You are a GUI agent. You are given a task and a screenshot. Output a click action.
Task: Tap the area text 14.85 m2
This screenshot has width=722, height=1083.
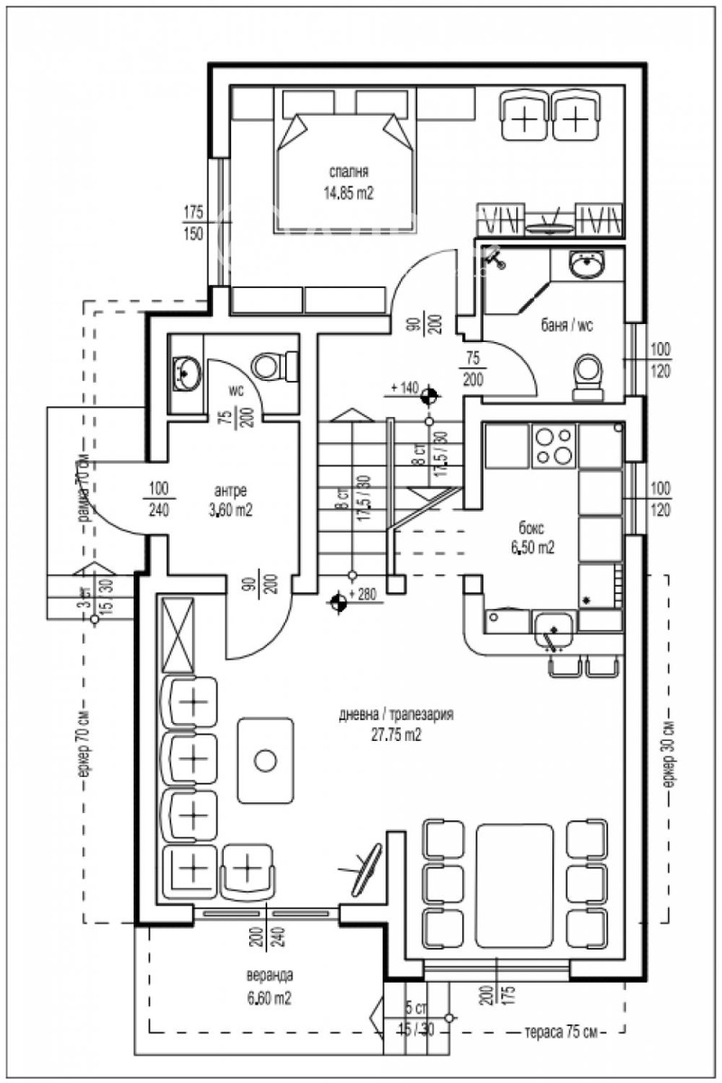(348, 192)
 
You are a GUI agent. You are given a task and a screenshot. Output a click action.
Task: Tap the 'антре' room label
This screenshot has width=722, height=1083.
(230, 491)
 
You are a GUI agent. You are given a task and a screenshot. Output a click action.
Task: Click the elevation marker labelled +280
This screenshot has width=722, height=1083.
(339, 603)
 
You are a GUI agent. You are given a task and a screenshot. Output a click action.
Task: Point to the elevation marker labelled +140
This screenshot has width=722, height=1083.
(429, 394)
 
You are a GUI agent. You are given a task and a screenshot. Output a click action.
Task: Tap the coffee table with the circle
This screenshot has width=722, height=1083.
(264, 760)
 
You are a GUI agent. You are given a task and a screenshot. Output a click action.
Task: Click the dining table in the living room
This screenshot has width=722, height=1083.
(514, 884)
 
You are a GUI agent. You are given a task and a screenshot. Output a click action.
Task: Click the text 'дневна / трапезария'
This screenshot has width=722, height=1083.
(396, 714)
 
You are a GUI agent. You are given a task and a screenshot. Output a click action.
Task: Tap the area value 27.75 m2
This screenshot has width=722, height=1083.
(396, 735)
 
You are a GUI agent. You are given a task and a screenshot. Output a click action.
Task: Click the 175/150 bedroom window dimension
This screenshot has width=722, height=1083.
(193, 223)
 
